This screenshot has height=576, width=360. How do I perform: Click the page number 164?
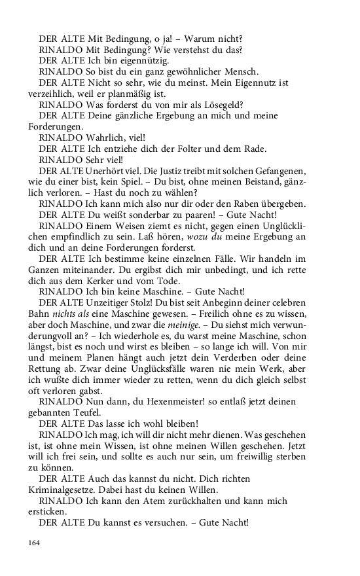[34, 542]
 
